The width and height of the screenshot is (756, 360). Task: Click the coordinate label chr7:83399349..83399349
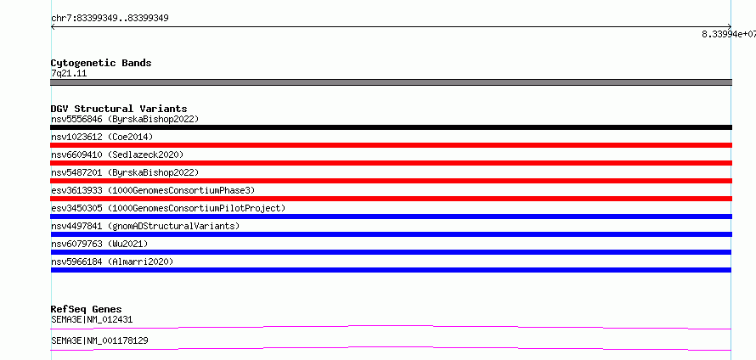click(x=110, y=19)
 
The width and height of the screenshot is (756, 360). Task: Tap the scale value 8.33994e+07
click(x=729, y=34)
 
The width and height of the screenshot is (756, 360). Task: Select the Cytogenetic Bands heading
click(x=101, y=63)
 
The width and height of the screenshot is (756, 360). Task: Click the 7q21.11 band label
click(x=69, y=74)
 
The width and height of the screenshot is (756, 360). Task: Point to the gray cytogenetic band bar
click(x=391, y=82)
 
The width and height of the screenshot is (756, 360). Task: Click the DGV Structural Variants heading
click(x=119, y=109)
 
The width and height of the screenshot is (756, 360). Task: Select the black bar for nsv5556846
click(x=391, y=127)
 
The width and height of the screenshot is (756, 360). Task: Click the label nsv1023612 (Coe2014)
click(x=102, y=137)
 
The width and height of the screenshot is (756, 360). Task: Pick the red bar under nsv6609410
click(x=391, y=163)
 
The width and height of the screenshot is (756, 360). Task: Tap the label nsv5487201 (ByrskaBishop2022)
click(x=125, y=172)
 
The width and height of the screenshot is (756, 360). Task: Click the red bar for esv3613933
click(x=391, y=199)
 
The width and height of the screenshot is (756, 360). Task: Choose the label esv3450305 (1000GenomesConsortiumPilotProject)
click(x=168, y=208)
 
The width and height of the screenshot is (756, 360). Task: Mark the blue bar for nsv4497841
click(x=391, y=234)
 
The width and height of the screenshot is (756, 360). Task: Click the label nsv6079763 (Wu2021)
click(x=99, y=244)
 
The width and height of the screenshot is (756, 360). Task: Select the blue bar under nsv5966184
click(x=391, y=270)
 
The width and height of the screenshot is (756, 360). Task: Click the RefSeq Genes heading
click(x=87, y=309)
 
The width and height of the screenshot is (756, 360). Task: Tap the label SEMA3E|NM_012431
click(x=92, y=319)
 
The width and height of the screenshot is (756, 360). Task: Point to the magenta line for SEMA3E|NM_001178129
click(x=391, y=348)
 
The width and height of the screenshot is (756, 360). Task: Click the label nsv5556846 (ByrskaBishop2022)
click(x=125, y=119)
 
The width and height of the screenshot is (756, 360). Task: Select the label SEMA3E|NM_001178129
click(x=99, y=340)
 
